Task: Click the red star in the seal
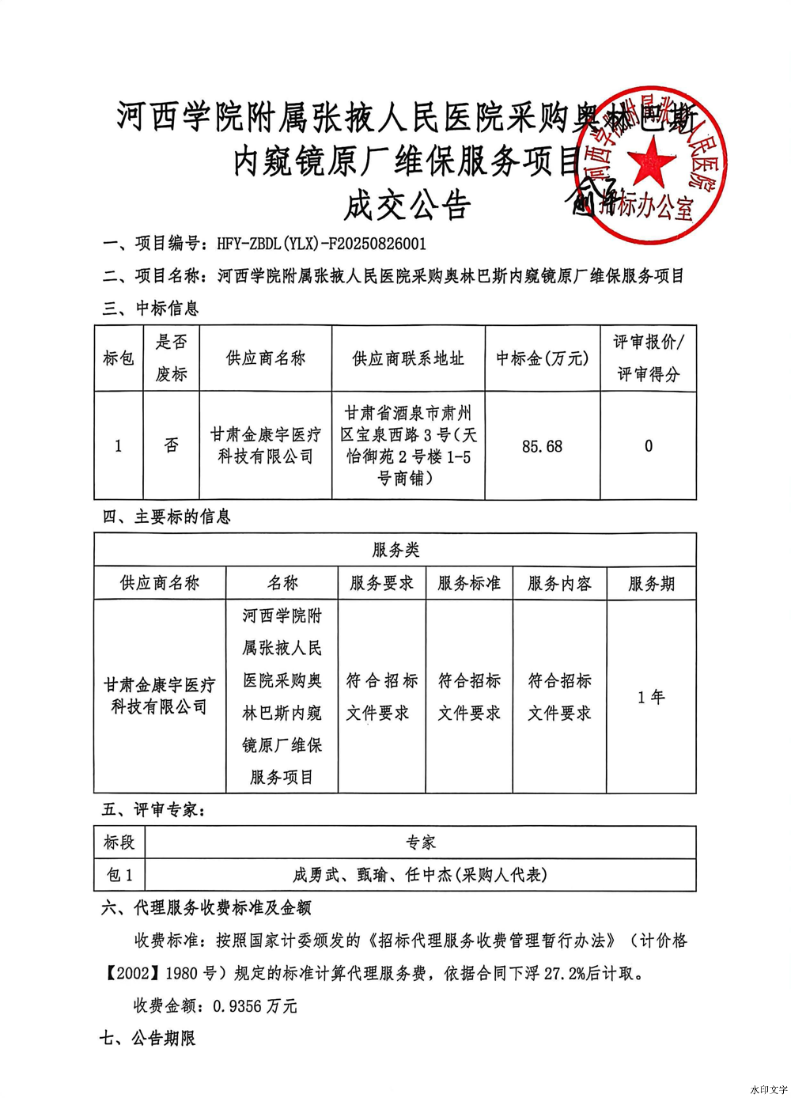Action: pyautogui.click(x=651, y=160)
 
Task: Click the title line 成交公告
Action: pyautogui.click(x=407, y=206)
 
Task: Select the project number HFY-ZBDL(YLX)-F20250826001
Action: pyautogui.click(x=321, y=244)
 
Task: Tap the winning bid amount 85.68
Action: pyautogui.click(x=542, y=446)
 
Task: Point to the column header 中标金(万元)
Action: pyautogui.click(x=542, y=358)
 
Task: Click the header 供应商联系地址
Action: pyautogui.click(x=407, y=358)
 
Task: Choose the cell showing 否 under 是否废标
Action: pyautogui.click(x=171, y=445)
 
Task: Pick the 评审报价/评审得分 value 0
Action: pyautogui.click(x=649, y=446)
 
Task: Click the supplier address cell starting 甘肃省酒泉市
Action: pyautogui.click(x=407, y=445)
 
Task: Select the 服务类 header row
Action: pyautogui.click(x=395, y=550)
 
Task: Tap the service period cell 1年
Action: pyautogui.click(x=651, y=697)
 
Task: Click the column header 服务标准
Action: pyautogui.click(x=469, y=583)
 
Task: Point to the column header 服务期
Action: pyautogui.click(x=651, y=584)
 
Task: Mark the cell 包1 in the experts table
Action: pyautogui.click(x=119, y=875)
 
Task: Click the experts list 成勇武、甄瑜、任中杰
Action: pyautogui.click(x=420, y=875)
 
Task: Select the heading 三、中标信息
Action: pyautogui.click(x=150, y=308)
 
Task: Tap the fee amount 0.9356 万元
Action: pyautogui.click(x=255, y=1006)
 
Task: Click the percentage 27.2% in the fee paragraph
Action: pyautogui.click(x=565, y=974)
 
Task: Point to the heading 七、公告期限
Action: pyautogui.click(x=148, y=1039)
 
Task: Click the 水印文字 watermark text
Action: pyautogui.click(x=768, y=1089)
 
